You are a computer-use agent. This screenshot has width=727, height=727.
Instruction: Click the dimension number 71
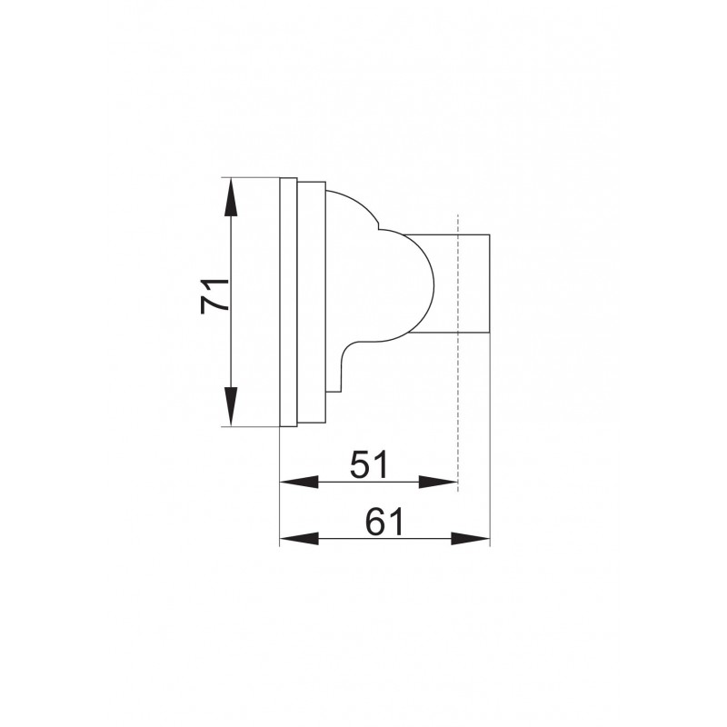(x=214, y=297)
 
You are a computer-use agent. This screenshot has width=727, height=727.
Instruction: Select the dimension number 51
(x=369, y=464)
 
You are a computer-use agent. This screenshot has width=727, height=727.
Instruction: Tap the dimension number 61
(x=384, y=522)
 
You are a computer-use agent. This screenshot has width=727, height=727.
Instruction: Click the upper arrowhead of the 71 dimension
(x=231, y=197)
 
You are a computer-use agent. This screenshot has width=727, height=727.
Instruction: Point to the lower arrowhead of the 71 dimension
(x=231, y=406)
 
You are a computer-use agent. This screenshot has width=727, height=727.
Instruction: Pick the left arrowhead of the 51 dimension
(x=299, y=483)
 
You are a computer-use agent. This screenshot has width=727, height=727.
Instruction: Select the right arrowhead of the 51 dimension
(x=438, y=483)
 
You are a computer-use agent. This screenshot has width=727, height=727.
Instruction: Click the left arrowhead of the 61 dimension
(x=299, y=539)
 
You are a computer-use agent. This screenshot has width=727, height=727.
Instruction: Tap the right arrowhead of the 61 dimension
(x=471, y=539)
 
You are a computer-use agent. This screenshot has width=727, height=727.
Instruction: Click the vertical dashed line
(x=458, y=353)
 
